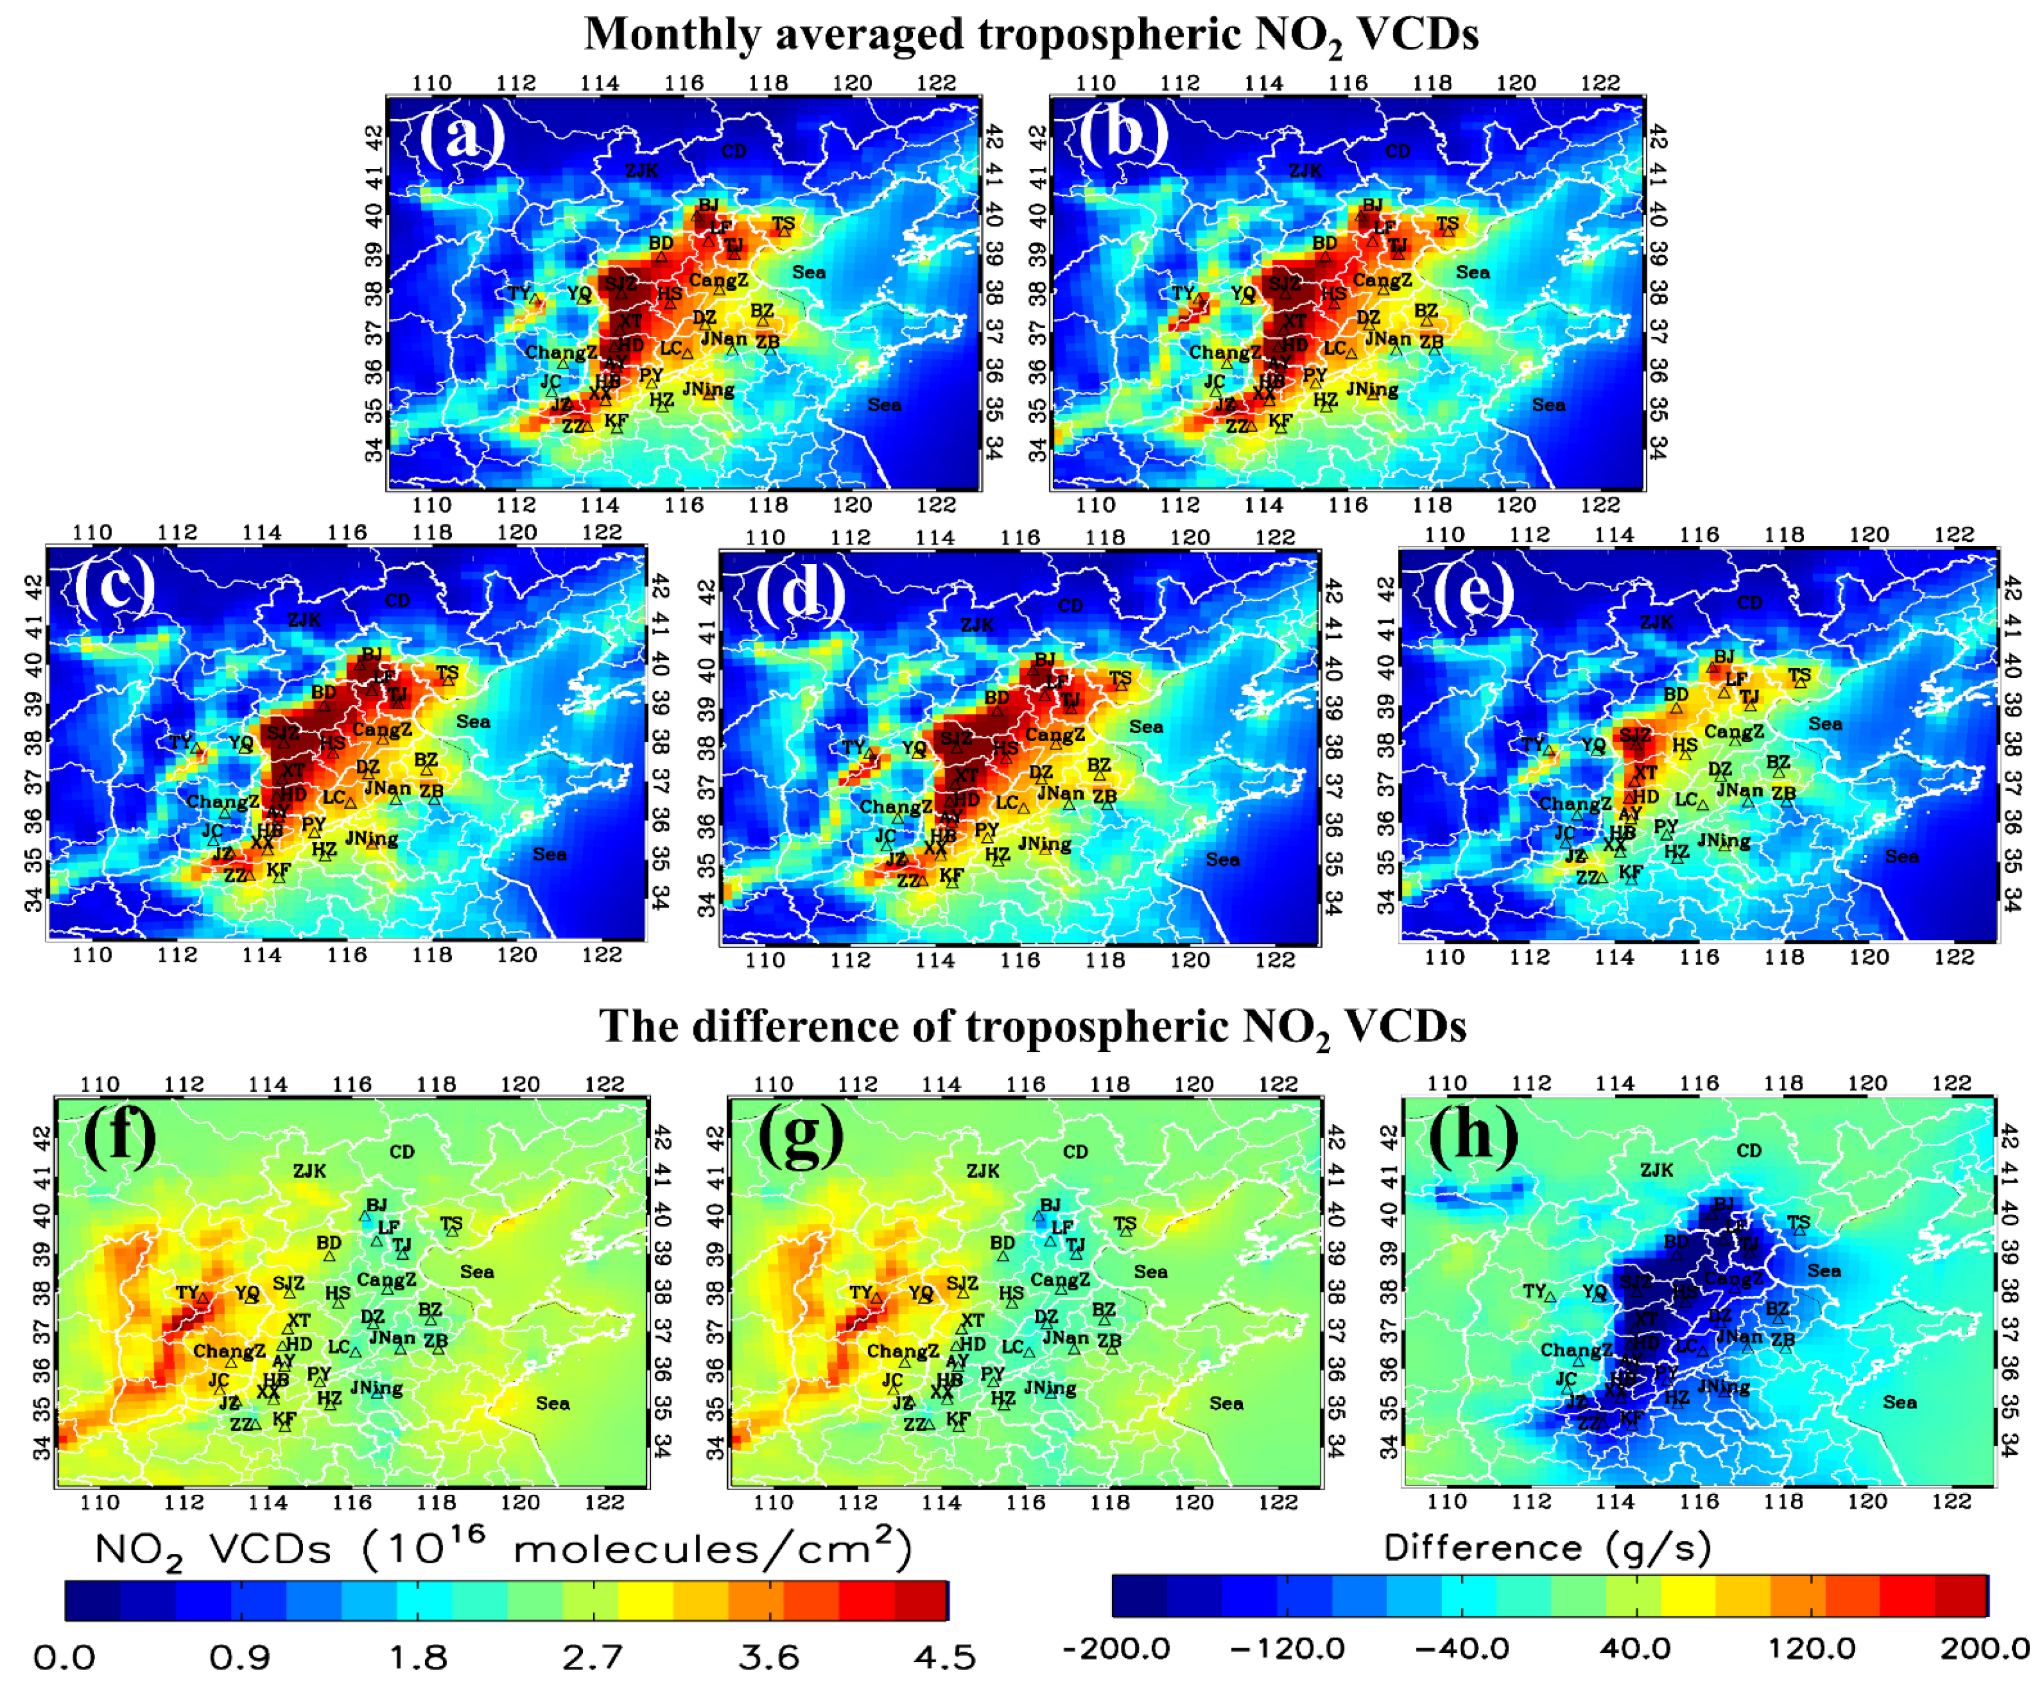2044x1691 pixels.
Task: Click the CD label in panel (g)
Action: [x=1075, y=1152]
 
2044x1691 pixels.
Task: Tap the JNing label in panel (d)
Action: [x=1045, y=844]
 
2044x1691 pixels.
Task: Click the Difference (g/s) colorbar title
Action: [x=1547, y=1547]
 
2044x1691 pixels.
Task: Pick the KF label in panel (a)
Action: [x=616, y=420]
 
